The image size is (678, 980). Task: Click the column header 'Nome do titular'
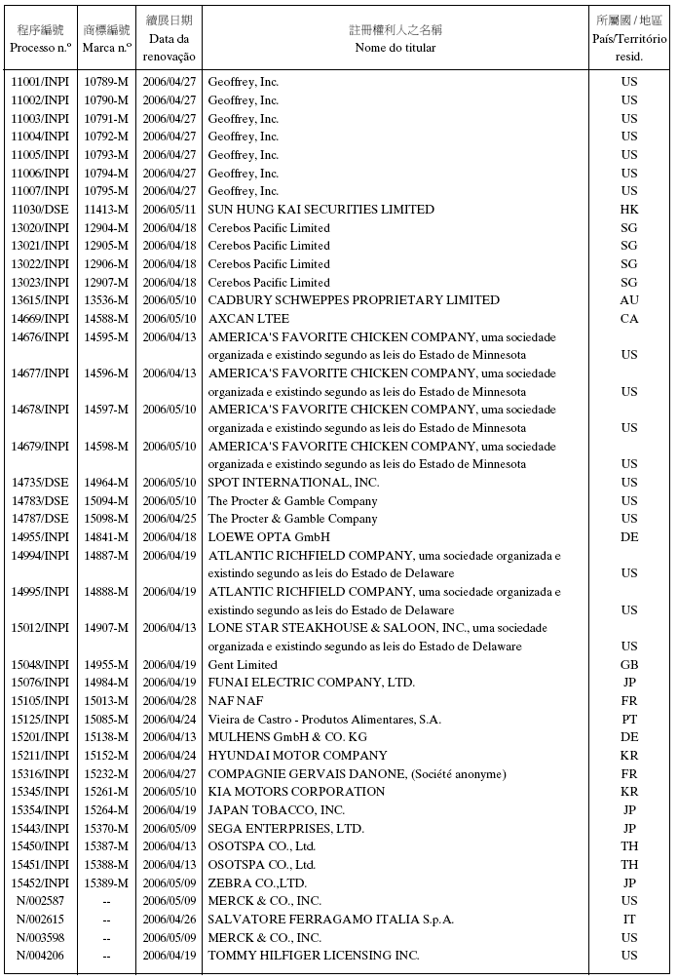(395, 48)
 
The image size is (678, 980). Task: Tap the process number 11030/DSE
(40, 210)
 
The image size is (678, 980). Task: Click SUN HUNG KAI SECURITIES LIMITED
(321, 210)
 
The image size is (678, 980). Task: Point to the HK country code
(629, 210)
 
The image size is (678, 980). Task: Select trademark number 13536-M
(106, 300)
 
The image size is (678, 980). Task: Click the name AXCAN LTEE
(248, 319)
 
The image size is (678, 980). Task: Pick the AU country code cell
(629, 300)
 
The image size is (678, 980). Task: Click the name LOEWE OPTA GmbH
(269, 537)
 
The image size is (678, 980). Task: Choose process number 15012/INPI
(40, 628)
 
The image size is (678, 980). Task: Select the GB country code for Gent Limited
(629, 665)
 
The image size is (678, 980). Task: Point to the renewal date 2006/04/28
(169, 701)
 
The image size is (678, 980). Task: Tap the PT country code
(629, 720)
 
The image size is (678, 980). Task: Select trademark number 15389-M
(106, 882)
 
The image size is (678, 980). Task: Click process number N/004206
(40, 956)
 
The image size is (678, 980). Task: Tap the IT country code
(629, 920)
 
